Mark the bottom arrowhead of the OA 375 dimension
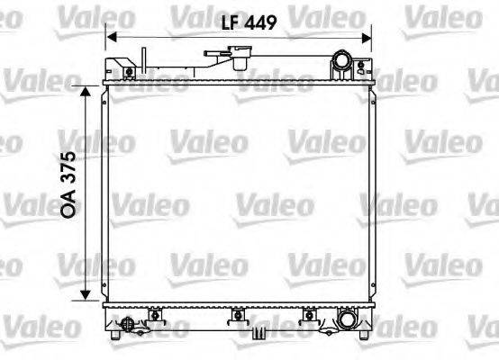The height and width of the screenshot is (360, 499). [x=85, y=297]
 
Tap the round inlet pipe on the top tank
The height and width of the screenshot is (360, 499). [x=343, y=63]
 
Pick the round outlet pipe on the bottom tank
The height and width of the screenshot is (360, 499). [x=346, y=319]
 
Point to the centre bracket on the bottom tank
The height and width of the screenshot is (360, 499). [x=238, y=315]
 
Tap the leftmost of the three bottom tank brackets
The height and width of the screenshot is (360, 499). [x=156, y=315]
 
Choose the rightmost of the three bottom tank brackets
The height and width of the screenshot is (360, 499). [x=310, y=315]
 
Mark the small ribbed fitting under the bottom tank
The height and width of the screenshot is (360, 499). [x=259, y=334]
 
